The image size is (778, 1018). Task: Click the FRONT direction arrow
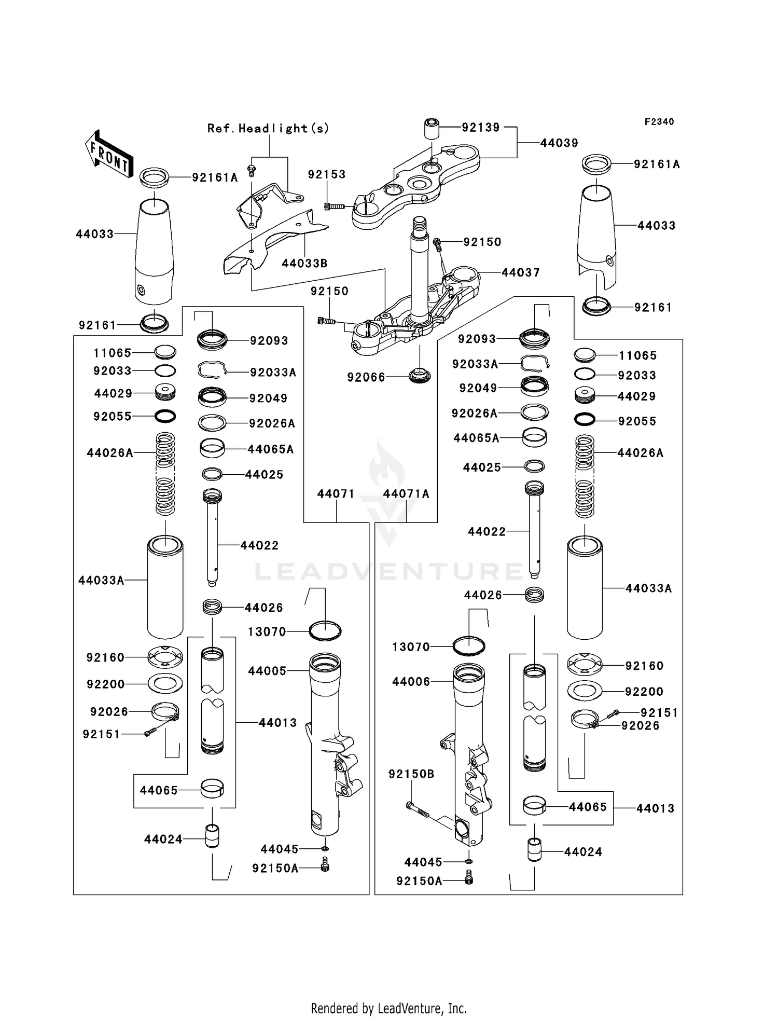pyautogui.click(x=109, y=154)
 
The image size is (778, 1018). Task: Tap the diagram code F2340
pyautogui.click(x=659, y=122)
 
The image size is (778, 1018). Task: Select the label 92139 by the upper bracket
pyautogui.click(x=481, y=128)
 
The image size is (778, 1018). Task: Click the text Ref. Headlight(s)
pyautogui.click(x=268, y=128)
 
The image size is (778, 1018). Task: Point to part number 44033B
pyautogui.click(x=304, y=264)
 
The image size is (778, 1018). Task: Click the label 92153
pyautogui.click(x=326, y=174)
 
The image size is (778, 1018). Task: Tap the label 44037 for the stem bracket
pyautogui.click(x=520, y=272)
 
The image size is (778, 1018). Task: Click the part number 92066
pyautogui.click(x=366, y=377)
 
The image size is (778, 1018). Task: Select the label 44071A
pyautogui.click(x=406, y=494)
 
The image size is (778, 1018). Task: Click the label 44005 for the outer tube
pyautogui.click(x=267, y=671)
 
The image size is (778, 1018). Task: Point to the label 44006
pyautogui.click(x=411, y=682)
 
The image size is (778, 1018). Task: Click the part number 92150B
pyautogui.click(x=411, y=774)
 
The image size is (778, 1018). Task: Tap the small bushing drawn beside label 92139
pyautogui.click(x=432, y=128)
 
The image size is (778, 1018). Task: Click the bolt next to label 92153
pyautogui.click(x=334, y=207)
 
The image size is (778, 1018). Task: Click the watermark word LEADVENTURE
pyautogui.click(x=389, y=571)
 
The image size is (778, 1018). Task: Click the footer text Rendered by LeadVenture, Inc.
pyautogui.click(x=388, y=1009)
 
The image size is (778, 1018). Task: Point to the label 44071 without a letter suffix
pyautogui.click(x=336, y=494)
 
